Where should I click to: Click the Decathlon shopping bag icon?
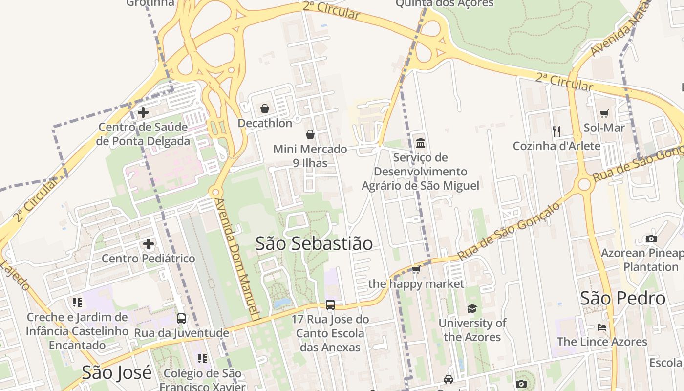(265, 108)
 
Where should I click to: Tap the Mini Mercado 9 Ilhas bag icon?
(310, 134)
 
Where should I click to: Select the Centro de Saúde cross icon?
(143, 112)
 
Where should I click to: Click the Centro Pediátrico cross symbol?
(149, 243)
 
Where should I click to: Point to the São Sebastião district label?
(314, 243)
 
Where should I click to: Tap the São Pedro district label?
(622, 298)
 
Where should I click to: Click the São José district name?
(116, 372)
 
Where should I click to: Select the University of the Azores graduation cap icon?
(472, 308)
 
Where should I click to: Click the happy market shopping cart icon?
(416, 269)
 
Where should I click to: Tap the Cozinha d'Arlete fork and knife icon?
(556, 131)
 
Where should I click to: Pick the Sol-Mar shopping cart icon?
(604, 113)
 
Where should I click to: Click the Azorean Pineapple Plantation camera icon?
(651, 239)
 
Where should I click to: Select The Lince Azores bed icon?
(602, 327)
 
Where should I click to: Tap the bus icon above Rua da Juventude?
(181, 319)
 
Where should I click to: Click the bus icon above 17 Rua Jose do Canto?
(330, 305)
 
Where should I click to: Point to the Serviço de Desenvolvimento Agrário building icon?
(420, 143)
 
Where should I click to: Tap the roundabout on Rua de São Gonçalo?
(584, 184)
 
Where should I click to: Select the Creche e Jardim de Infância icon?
(77, 303)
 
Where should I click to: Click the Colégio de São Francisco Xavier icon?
(202, 359)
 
